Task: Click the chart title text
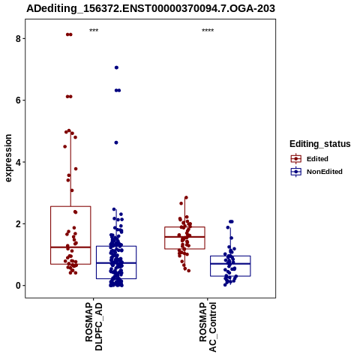[x=151, y=8]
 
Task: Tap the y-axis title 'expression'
[x=8, y=158]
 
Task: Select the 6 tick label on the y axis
[x=18, y=100]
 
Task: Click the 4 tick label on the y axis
[x=18, y=162]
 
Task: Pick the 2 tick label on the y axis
[x=18, y=223]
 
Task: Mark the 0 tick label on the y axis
[x=18, y=286]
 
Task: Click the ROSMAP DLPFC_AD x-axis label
[x=94, y=326]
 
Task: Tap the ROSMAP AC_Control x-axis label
[x=208, y=327]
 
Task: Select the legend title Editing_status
[x=320, y=144]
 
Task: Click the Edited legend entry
[x=310, y=159]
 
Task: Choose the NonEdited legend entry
[x=316, y=172]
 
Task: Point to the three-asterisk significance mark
[x=94, y=31]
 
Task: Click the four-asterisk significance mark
[x=208, y=31]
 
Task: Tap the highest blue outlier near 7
[x=116, y=67]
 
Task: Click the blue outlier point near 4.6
[x=116, y=142]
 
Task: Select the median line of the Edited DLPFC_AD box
[x=70, y=247]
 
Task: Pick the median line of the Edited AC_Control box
[x=184, y=237]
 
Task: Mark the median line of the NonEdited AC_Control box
[x=230, y=264]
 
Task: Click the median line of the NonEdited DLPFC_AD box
[x=116, y=263]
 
